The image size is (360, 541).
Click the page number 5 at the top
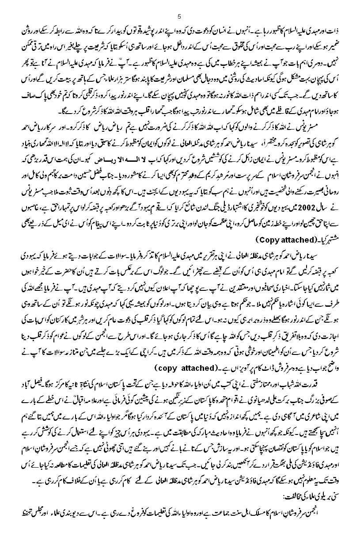coord(179,17)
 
